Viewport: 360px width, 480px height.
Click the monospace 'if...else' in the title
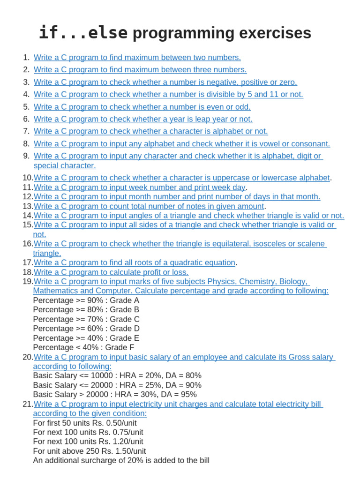(83, 33)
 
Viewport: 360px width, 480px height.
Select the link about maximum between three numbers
(140, 70)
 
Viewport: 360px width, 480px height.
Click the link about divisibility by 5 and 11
(168, 94)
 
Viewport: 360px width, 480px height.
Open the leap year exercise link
(143, 119)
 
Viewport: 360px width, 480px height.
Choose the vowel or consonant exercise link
(182, 144)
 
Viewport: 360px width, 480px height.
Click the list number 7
(26, 131)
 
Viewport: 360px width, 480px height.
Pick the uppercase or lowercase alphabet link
(182, 178)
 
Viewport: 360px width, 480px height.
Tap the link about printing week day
(140, 187)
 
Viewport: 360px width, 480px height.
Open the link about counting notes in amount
(149, 206)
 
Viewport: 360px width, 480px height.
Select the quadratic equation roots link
(134, 262)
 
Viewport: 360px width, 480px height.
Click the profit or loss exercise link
(111, 272)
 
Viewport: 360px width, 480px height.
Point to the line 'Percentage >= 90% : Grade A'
(86, 300)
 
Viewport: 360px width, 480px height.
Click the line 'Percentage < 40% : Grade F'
(84, 348)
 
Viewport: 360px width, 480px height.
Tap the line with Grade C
(86, 319)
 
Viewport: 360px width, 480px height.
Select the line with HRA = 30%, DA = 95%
(115, 395)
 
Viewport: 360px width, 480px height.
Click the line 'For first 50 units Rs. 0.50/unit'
(85, 423)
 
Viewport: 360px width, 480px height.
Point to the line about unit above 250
(90, 451)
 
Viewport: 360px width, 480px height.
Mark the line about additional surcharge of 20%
(121, 460)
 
